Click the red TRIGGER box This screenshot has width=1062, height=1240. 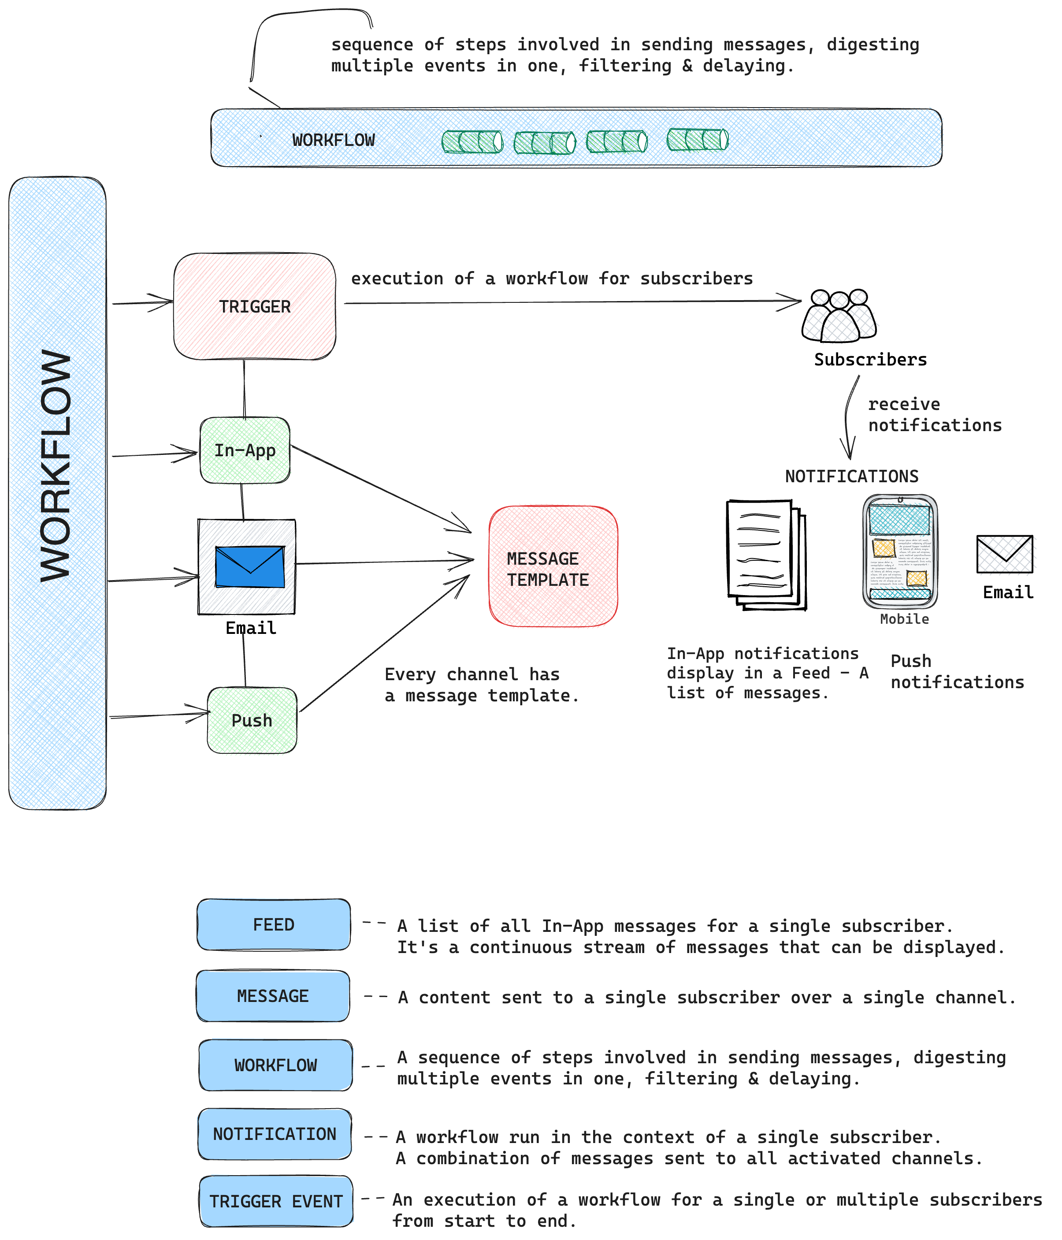[x=254, y=306]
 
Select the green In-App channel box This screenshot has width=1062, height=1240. [x=245, y=450]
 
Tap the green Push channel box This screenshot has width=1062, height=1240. [x=252, y=720]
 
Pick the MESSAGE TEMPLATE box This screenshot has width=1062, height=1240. [x=553, y=566]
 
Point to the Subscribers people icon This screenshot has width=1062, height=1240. [x=839, y=316]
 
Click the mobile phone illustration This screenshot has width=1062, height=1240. [x=900, y=551]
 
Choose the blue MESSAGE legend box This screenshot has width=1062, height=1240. [x=273, y=996]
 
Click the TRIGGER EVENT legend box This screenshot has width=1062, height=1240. [x=276, y=1201]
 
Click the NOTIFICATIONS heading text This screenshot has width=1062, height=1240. [x=851, y=477]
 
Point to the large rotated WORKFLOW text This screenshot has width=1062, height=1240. [x=55, y=465]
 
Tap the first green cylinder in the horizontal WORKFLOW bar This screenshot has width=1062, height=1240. [x=472, y=142]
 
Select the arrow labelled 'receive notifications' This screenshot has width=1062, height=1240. [x=848, y=419]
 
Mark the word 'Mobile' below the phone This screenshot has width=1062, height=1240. [x=904, y=619]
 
